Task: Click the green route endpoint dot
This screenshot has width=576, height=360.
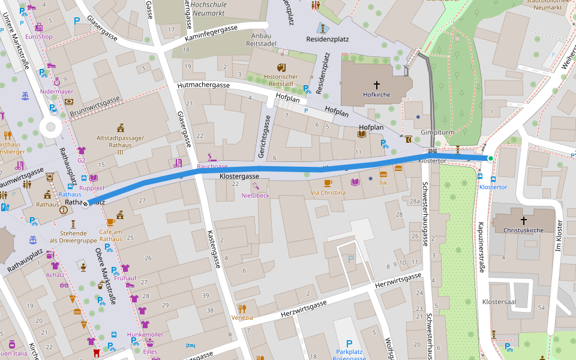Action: click(490, 158)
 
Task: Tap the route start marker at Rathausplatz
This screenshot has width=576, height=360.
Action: click(86, 203)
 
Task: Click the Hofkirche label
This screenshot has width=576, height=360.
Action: click(377, 95)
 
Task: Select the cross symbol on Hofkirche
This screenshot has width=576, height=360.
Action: click(377, 85)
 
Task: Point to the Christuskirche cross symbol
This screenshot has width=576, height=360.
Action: click(523, 221)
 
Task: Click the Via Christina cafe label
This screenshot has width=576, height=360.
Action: click(328, 193)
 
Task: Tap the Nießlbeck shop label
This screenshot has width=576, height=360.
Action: click(256, 195)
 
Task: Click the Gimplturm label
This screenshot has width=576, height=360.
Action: click(436, 132)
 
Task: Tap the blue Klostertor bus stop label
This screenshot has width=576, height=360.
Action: click(493, 187)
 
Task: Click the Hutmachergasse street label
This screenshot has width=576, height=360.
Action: click(204, 86)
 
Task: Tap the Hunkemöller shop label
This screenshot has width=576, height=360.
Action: click(145, 334)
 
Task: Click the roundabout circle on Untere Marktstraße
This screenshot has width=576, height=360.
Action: click(50, 127)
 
